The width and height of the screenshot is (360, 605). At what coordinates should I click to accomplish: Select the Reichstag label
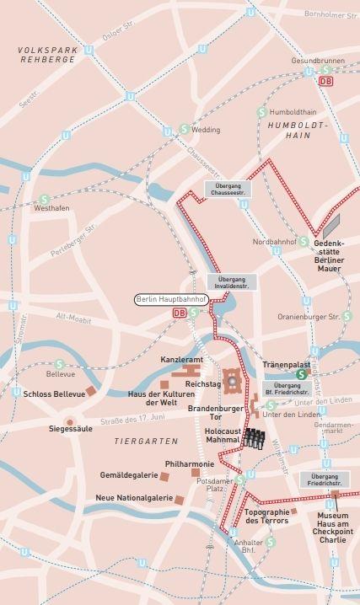pos(203,383)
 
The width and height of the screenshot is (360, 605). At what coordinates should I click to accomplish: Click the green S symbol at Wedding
pos(184,130)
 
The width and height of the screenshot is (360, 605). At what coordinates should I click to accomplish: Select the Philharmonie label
pos(188,463)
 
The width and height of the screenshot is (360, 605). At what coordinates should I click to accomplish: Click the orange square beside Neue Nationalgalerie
pos(180,500)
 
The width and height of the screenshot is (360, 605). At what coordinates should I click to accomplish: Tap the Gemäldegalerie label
pos(128,475)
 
